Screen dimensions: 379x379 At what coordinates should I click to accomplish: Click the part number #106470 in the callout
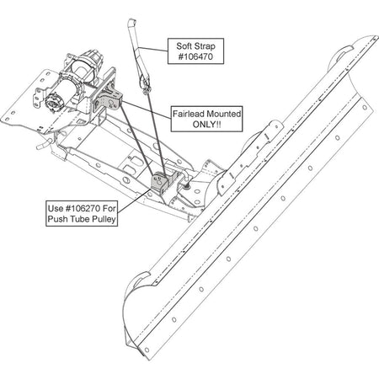pyautogui.click(x=195, y=56)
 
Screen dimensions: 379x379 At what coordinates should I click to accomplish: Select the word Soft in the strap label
pyautogui.click(x=184, y=45)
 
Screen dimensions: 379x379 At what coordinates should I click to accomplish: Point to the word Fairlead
pyautogui.click(x=188, y=114)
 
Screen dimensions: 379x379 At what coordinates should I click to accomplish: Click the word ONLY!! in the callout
pyautogui.click(x=206, y=124)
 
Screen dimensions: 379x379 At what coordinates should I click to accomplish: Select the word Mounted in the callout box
pyautogui.click(x=223, y=114)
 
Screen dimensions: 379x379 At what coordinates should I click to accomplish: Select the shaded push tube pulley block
pyautogui.click(x=159, y=182)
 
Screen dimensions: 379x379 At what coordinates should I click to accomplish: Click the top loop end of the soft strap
pyautogui.click(x=131, y=22)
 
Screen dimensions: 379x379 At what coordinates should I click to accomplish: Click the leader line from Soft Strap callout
pyautogui.click(x=153, y=49)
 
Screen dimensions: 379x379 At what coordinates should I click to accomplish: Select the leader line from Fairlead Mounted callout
pyautogui.click(x=147, y=109)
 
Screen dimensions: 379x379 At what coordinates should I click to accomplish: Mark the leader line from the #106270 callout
pyautogui.click(x=133, y=202)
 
